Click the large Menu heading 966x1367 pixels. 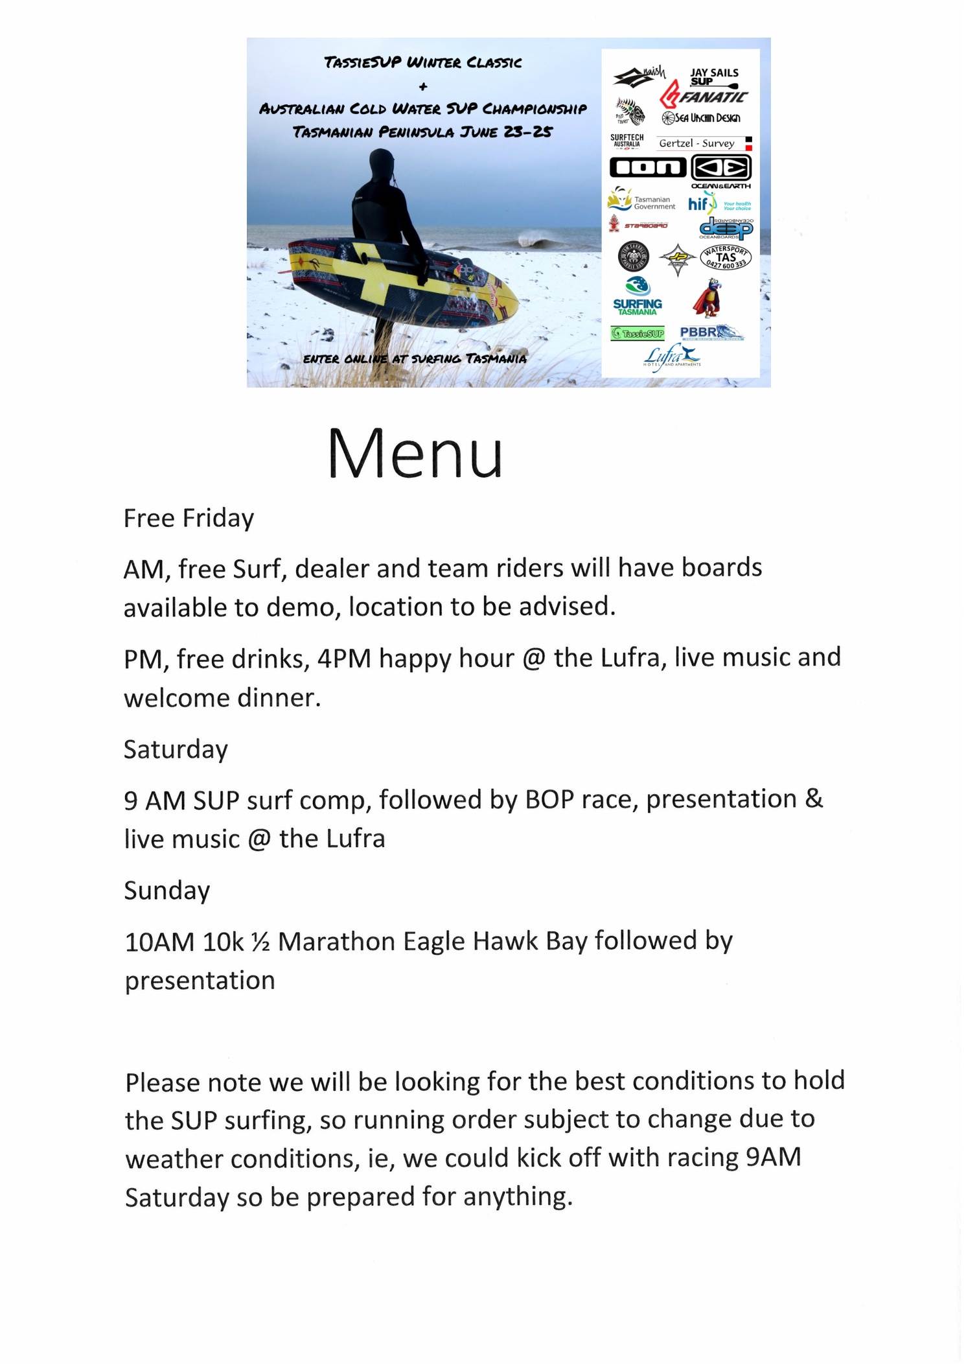(x=415, y=454)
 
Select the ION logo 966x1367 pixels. (x=647, y=168)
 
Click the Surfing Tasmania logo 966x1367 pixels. (x=638, y=298)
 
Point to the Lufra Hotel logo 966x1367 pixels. (x=673, y=356)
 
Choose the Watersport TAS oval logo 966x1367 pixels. (x=726, y=257)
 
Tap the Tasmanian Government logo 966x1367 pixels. (x=641, y=200)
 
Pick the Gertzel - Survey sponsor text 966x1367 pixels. (x=696, y=143)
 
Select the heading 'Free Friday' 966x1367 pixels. (x=189, y=519)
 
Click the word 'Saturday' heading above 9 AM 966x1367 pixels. (x=176, y=750)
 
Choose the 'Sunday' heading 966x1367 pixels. (x=167, y=891)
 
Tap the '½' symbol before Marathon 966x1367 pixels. (x=260, y=942)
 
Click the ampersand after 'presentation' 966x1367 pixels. (x=814, y=799)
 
